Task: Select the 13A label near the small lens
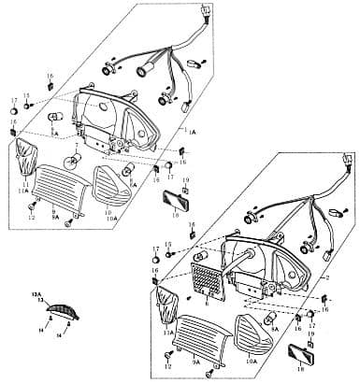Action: [x=36, y=292]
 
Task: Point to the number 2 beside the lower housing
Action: [x=326, y=278]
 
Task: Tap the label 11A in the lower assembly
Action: [x=168, y=332]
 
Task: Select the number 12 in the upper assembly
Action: [x=31, y=217]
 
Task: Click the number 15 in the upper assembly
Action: [x=27, y=95]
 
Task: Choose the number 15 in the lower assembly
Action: [x=169, y=243]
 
